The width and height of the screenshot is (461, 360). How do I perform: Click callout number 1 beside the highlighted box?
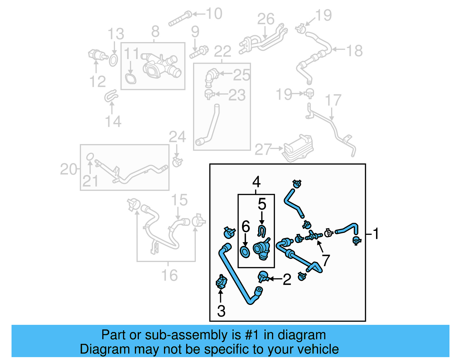pos(376,234)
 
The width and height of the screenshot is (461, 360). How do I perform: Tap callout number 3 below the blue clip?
pos(221,311)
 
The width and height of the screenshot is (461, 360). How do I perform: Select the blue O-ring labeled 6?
pos(245,252)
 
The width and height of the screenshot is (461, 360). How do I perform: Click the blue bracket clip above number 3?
pos(221,282)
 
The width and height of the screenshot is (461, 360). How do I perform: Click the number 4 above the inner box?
pos(256,182)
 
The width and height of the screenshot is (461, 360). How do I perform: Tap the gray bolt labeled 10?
pos(180,19)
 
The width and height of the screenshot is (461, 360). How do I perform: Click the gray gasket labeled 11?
pos(131,78)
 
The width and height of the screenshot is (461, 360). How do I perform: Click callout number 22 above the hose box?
pos(222,52)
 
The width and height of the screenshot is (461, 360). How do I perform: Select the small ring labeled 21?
pos(90,157)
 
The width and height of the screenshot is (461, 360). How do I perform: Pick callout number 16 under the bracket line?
pos(169,275)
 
